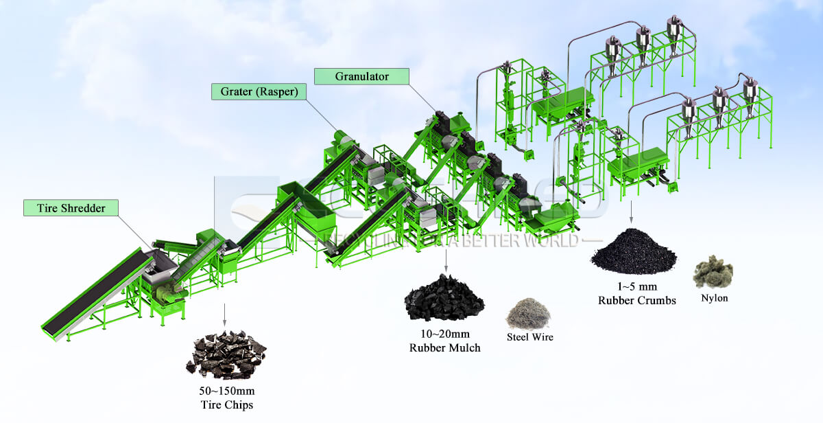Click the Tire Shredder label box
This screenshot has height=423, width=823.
tap(70, 208)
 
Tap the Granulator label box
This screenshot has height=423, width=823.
tap(361, 76)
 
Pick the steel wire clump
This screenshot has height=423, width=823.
tap(528, 313)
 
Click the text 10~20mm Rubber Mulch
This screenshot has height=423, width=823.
tap(444, 341)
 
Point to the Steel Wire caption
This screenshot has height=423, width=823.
tap(529, 337)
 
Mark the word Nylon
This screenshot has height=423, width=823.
tap(715, 299)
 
